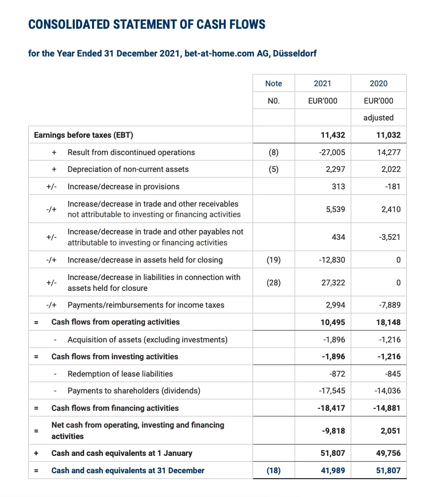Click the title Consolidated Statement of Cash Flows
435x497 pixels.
point(147,24)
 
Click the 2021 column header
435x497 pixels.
point(323,83)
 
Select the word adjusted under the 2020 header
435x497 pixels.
point(379,118)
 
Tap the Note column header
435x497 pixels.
point(274,83)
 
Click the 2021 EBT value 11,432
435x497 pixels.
point(333,135)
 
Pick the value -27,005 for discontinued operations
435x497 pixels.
point(333,152)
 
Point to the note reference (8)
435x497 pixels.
point(274,152)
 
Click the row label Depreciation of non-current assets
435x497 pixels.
point(128,169)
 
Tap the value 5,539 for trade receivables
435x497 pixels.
point(336,209)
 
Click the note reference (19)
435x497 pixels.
point(274,260)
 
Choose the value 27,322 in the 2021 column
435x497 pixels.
point(334,282)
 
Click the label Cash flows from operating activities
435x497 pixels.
point(115,322)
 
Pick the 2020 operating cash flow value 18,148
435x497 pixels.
point(388,322)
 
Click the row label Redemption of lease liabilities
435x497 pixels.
point(120,374)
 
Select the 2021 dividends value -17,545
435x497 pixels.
point(333,390)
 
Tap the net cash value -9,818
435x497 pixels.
point(334,431)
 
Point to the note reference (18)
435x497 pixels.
point(274,470)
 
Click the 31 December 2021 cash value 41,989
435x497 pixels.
point(334,470)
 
